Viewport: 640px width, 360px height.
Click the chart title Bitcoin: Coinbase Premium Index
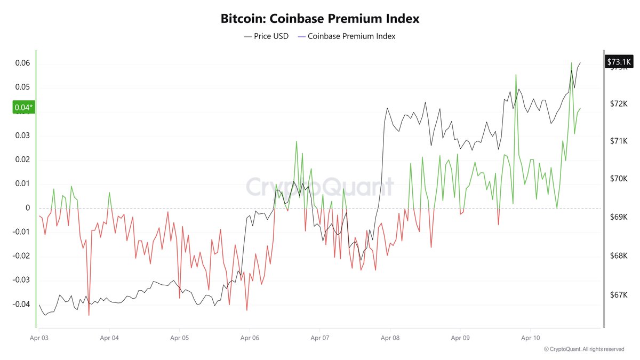(320, 19)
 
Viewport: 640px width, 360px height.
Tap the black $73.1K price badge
(619, 62)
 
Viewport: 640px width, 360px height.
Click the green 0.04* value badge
(23, 108)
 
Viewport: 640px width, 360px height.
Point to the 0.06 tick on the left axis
(22, 63)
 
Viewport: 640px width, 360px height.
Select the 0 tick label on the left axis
(28, 208)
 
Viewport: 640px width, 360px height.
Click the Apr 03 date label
(39, 338)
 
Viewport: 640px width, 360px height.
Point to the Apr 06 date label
(250, 338)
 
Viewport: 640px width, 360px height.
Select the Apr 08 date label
(390, 338)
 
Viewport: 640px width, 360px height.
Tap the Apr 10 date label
(530, 338)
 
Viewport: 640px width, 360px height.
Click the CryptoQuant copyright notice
(584, 349)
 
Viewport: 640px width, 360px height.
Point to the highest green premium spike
(571, 63)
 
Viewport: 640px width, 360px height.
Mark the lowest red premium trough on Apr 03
(89, 315)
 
